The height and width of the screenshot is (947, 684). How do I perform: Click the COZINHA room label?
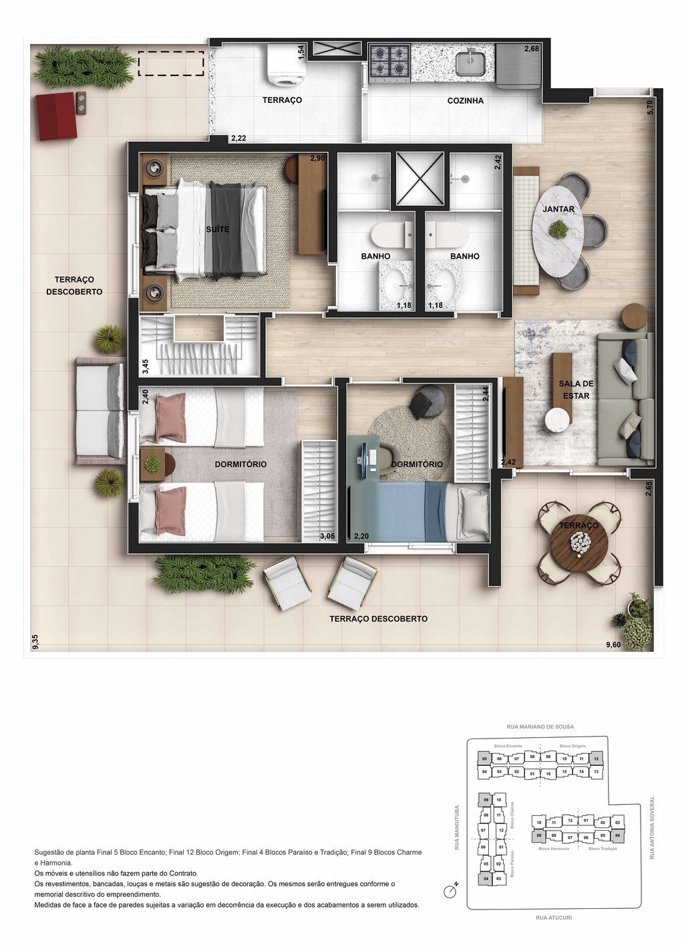coord(465,101)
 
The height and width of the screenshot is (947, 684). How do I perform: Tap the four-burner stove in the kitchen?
coord(391,60)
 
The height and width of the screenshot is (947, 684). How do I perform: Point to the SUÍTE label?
coord(218,229)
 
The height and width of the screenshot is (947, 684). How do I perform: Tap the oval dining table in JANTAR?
coord(557,229)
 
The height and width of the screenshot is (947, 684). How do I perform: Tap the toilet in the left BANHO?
coord(385,234)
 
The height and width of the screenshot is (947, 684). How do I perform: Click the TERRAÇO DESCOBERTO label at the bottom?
coord(378,619)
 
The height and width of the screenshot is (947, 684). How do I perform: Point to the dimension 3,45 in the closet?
coord(145,366)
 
